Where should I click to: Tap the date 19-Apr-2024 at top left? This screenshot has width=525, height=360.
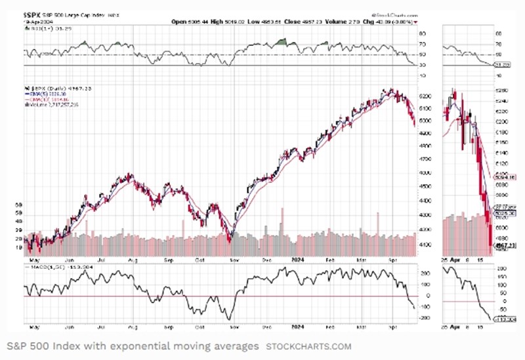35,22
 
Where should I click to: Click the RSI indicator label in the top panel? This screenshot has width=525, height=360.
38,30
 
